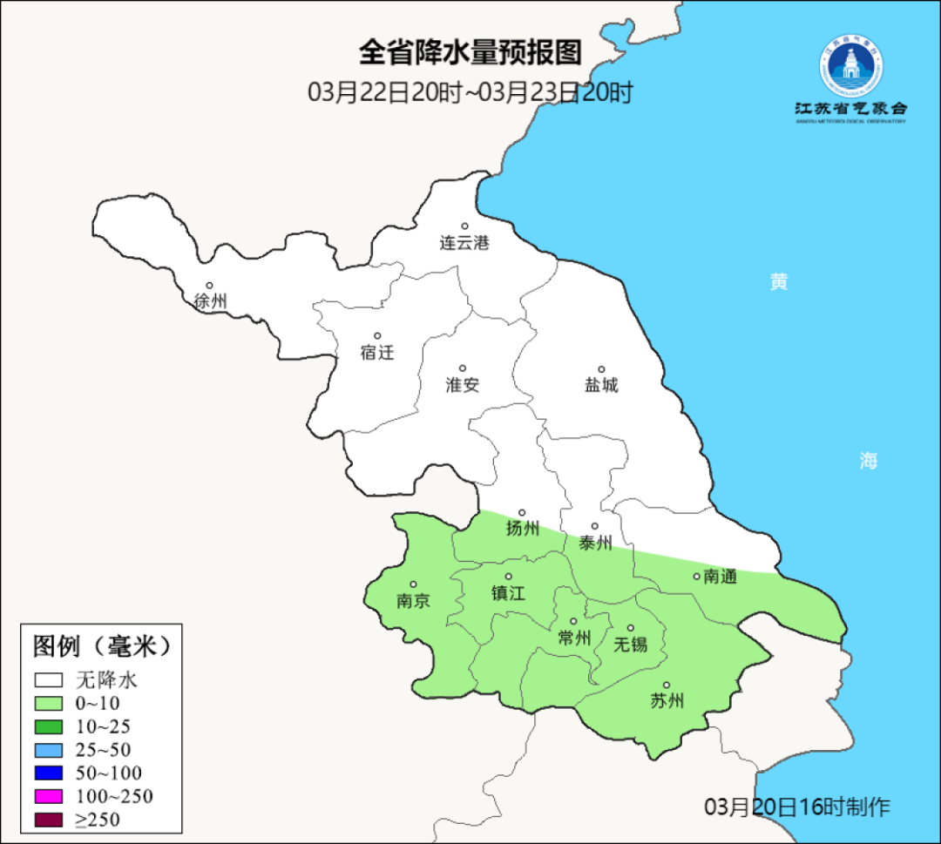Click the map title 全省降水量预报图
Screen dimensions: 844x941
[470, 53]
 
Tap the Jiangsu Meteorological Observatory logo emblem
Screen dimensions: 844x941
[850, 66]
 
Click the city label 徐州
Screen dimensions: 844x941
[210, 301]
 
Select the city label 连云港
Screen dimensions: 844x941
[464, 243]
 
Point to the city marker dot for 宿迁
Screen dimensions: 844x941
[377, 335]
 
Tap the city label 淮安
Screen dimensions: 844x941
[463, 384]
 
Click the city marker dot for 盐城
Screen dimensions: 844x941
[601, 368]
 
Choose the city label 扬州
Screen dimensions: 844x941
[523, 528]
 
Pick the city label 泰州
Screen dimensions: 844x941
[595, 543]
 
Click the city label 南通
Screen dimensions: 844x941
[720, 577]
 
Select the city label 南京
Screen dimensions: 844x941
[413, 600]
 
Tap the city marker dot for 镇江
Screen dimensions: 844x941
[509, 577]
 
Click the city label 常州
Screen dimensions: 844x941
[574, 638]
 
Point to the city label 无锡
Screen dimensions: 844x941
[631, 645]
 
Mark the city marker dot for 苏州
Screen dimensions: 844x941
[667, 685]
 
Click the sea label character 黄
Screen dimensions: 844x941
[778, 281]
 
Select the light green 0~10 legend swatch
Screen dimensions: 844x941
[49, 703]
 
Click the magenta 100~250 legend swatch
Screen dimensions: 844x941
[49, 796]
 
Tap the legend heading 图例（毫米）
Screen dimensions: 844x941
[100, 646]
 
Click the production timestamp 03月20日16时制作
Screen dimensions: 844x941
[797, 807]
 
